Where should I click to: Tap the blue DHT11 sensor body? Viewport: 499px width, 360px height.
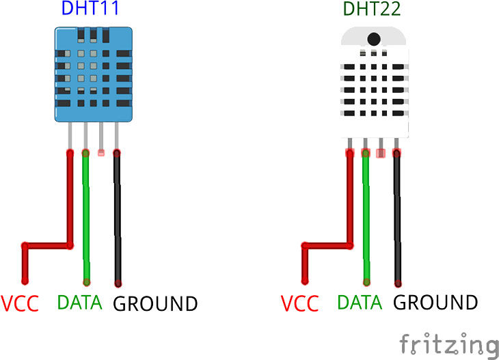pyautogui.click(x=92, y=75)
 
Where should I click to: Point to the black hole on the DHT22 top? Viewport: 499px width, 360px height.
pyautogui.click(x=374, y=39)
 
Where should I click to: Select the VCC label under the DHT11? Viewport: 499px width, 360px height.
pyautogui.click(x=20, y=303)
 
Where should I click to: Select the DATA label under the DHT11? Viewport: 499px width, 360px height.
pyautogui.click(x=79, y=302)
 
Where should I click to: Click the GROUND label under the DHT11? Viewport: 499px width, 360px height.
pyautogui.click(x=155, y=303)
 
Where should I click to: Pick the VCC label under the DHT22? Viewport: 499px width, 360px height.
pyautogui.click(x=301, y=303)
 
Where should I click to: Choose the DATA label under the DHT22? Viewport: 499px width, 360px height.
pyautogui.click(x=360, y=302)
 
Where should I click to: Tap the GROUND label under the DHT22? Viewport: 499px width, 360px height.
pyautogui.click(x=436, y=302)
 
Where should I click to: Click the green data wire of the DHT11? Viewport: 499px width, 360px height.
pyautogui.click(x=86, y=219)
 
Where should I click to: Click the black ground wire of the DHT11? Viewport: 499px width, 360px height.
pyautogui.click(x=118, y=219)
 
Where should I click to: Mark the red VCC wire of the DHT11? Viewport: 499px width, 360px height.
pyautogui.click(x=69, y=198)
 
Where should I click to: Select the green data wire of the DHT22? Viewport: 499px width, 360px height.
pyautogui.click(x=366, y=219)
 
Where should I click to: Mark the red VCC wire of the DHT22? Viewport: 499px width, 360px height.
pyautogui.click(x=350, y=198)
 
